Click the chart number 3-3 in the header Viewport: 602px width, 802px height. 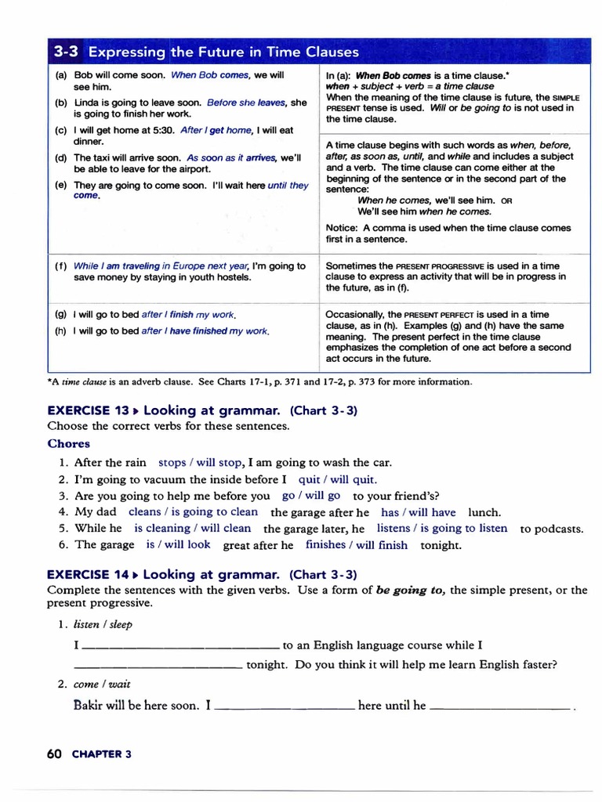point(67,52)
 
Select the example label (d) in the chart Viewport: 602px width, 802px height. point(61,157)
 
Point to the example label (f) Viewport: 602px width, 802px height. point(61,266)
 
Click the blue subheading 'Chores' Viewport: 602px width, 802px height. point(68,443)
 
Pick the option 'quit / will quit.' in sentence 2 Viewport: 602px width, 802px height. point(332,479)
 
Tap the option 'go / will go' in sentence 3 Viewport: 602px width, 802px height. point(310,496)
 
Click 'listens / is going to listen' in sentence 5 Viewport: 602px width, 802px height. point(442,529)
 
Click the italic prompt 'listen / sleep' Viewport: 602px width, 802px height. point(103,624)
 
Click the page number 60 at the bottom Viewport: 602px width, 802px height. point(54,753)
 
